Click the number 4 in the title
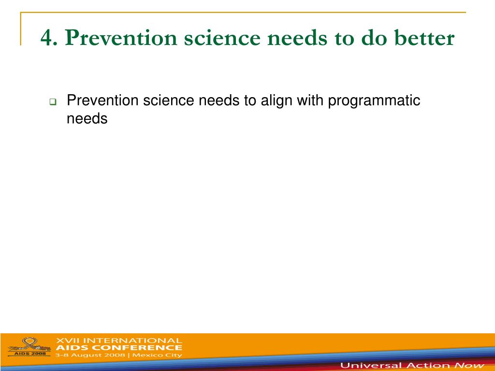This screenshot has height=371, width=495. click(x=47, y=38)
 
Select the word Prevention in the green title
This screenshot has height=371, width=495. click(x=121, y=38)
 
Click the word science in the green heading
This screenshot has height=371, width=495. click(x=222, y=38)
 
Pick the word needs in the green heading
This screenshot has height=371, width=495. click(x=297, y=38)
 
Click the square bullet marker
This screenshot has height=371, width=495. click(x=53, y=102)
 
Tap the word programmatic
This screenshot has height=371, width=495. click(x=374, y=101)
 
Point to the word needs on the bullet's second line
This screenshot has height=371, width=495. click(x=87, y=119)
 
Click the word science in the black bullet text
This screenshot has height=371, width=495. click(x=168, y=100)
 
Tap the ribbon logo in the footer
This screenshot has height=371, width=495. click(x=29, y=345)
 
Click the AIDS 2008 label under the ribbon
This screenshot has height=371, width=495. click(x=30, y=354)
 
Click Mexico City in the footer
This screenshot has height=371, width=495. click(x=157, y=355)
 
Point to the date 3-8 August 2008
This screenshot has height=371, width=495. click(x=90, y=355)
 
